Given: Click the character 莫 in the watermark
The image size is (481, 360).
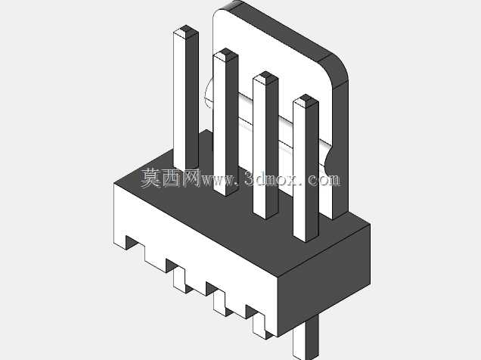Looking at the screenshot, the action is (151, 178).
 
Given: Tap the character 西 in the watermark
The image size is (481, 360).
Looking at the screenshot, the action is (172, 178).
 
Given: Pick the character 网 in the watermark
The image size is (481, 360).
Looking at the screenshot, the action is (191, 178).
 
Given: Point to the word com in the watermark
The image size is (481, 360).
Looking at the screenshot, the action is (323, 180).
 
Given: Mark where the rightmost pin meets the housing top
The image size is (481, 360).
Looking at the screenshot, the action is (306, 237).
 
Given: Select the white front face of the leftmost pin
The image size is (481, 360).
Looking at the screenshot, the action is (179, 101).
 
